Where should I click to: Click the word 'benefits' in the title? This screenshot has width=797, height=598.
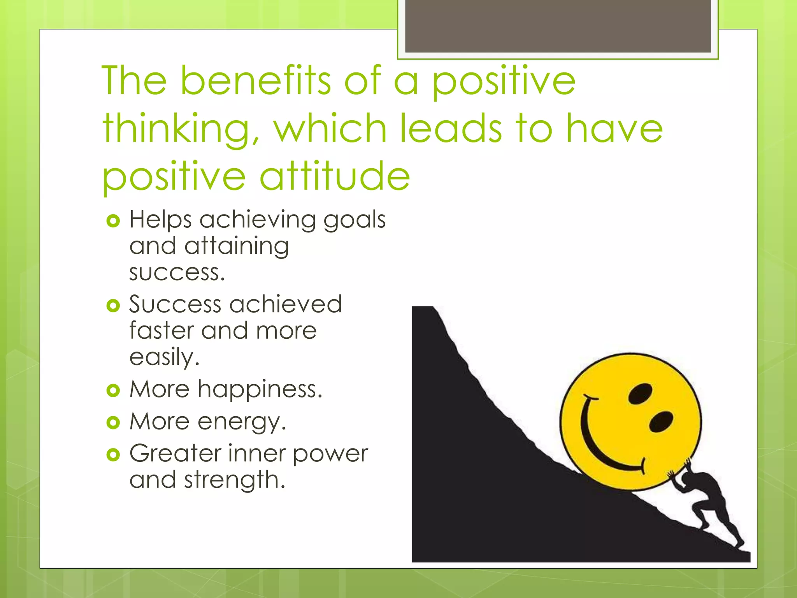coord(256,81)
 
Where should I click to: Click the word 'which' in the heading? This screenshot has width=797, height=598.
coord(330,128)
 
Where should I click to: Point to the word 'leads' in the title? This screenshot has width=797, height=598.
coord(451,128)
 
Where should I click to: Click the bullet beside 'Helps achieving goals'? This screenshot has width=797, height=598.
coord(113,221)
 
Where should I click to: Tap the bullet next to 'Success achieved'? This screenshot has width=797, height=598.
coord(113,306)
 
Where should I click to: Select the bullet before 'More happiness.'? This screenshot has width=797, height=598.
coord(113,390)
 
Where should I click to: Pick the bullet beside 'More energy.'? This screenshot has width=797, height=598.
coord(113,422)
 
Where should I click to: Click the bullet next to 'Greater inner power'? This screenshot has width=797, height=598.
coord(113,454)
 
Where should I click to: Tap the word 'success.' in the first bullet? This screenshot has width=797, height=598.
coord(177,273)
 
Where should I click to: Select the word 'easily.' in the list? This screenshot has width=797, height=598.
coord(164,357)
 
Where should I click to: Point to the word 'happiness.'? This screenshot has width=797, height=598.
coord(260,389)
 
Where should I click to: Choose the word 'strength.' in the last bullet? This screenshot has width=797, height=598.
coord(235,480)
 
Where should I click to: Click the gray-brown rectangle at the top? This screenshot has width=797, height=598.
coord(558,26)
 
